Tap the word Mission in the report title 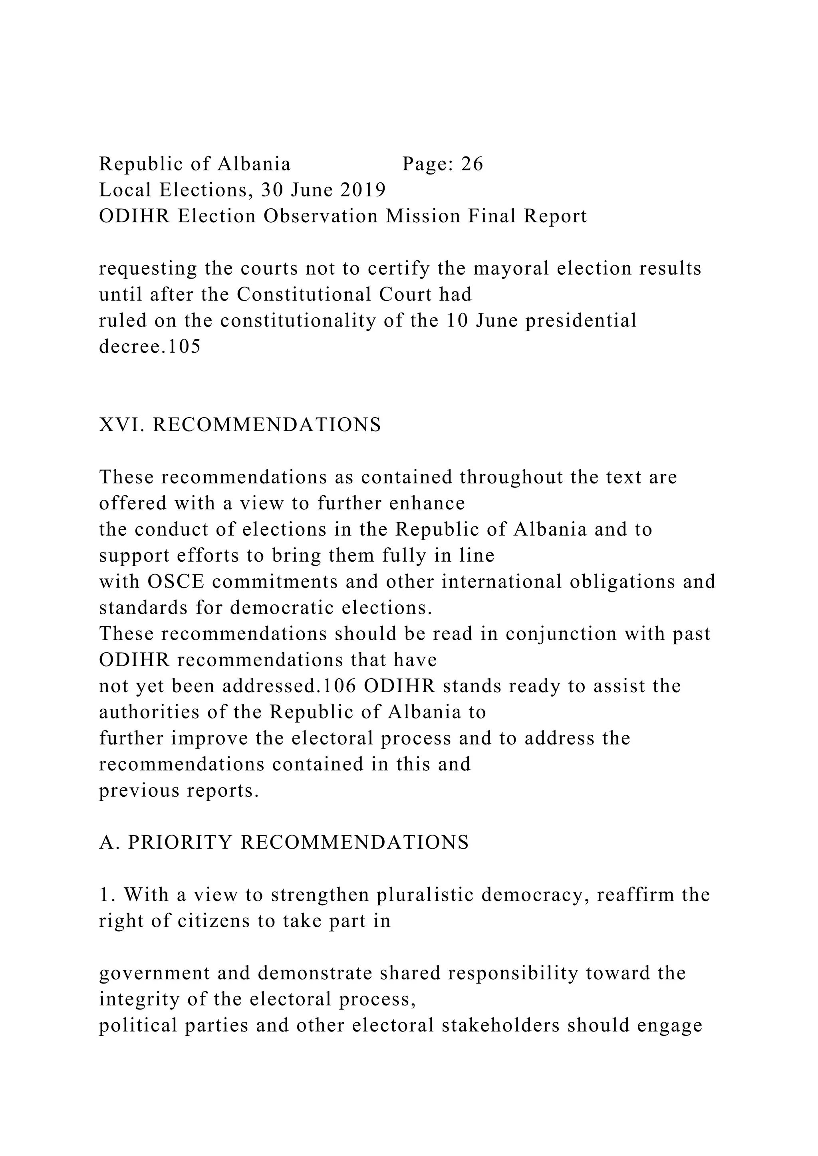(423, 216)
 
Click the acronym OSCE (176, 582)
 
